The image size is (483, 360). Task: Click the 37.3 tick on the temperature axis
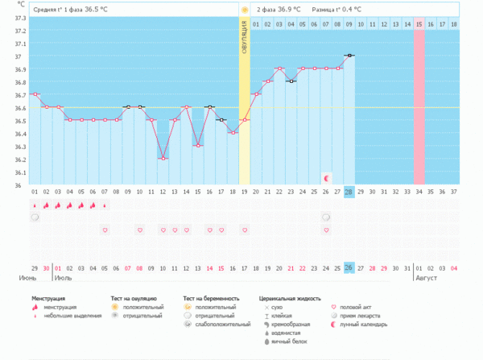tap(19, 18)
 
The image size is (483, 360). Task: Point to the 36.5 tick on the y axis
tap(19, 121)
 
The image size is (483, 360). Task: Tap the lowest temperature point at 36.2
tap(163, 159)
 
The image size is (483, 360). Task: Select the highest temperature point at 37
tap(349, 56)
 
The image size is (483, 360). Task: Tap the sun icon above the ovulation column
tap(245, 10)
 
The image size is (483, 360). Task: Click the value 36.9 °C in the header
tap(290, 10)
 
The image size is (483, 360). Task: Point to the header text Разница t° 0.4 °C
tap(336, 10)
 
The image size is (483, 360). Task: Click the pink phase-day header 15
tap(419, 25)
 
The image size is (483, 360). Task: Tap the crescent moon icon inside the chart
tap(326, 177)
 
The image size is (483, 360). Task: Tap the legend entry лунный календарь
tap(365, 325)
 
